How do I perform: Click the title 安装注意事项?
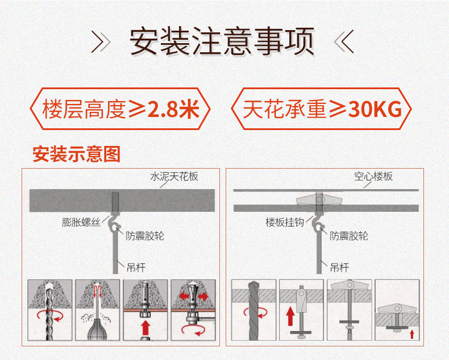[222, 41]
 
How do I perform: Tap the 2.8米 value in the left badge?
[173, 110]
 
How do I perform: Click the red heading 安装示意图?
[76, 154]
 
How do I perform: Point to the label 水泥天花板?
[174, 176]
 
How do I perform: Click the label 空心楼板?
[373, 176]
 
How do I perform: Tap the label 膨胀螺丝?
[81, 222]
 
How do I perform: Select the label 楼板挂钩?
[285, 222]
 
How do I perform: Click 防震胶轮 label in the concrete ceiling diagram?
[145, 236]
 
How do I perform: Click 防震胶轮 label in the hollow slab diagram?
[349, 236]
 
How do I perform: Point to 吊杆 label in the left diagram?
[136, 268]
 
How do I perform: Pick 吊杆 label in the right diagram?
[340, 268]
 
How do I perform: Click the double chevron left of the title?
[101, 42]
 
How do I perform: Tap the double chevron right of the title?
[344, 42]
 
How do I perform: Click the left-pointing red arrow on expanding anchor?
[184, 296]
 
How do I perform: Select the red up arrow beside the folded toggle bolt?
[290, 316]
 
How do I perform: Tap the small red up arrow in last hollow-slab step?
[412, 334]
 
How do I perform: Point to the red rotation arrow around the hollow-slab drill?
[256, 313]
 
